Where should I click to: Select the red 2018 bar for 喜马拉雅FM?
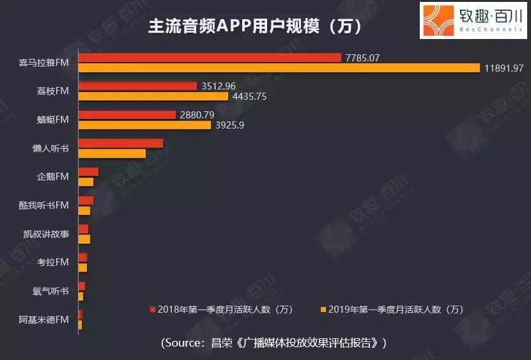tap(209, 58)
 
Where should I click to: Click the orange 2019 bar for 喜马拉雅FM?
tap(278, 68)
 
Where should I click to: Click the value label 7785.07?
tap(362, 58)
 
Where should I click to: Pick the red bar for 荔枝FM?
tap(137, 86)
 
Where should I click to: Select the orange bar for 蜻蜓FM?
tap(144, 125)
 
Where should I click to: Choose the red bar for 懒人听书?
tap(120, 143)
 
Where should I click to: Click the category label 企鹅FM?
tap(52, 176)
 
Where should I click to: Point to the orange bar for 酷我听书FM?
tap(84, 211)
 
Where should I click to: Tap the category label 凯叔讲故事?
tap(46, 234)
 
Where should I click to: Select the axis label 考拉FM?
tap(52, 262)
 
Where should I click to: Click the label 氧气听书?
tap(50, 291)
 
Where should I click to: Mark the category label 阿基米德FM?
tap(44, 320)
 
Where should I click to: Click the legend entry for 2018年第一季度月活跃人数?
tap(221, 309)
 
